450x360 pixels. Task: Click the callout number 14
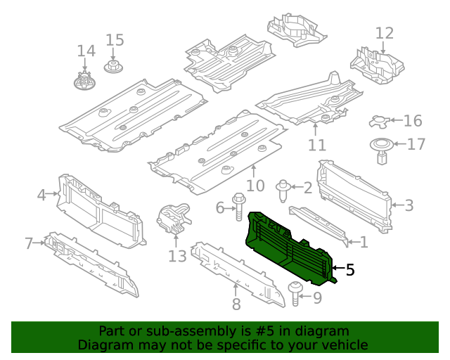[86, 51]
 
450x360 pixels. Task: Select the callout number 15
[115, 40]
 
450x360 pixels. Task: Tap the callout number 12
[385, 33]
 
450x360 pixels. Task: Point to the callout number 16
[413, 121]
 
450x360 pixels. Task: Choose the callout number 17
[416, 145]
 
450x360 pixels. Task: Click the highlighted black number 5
[350, 269]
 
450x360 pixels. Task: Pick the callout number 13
[177, 256]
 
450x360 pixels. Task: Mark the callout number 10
[255, 186]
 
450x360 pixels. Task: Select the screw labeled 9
[295, 293]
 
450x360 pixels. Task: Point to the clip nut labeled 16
[380, 122]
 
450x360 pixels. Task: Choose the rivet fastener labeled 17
[380, 150]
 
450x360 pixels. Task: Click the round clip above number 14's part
[84, 79]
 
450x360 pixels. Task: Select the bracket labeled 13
[173, 220]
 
